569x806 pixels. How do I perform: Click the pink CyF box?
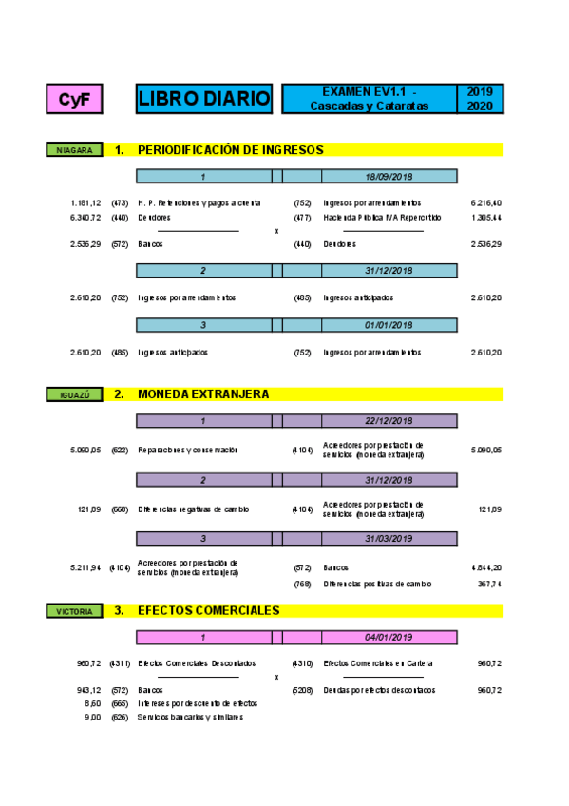coord(74,99)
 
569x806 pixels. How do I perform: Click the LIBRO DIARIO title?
coord(203,99)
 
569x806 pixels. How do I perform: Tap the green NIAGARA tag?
coord(74,150)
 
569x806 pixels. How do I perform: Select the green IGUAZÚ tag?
coord(74,394)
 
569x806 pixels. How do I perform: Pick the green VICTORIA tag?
coord(74,611)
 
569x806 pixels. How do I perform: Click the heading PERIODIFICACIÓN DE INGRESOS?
coord(231,150)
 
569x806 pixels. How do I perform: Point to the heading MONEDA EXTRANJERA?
coord(203,394)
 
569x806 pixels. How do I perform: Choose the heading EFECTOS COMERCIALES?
coord(209,611)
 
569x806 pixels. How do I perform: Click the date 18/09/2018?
coord(389,176)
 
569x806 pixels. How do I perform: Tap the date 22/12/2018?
coord(389,420)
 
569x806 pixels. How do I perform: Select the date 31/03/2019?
coord(389,538)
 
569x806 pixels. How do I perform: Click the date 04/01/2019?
coord(389,637)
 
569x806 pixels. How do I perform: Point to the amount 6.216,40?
coord(485,202)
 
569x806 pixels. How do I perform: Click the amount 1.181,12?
coord(85,202)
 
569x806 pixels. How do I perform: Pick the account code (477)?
coord(303,217)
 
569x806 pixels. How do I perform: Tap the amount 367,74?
coord(488,584)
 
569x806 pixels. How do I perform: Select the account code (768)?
coord(303,584)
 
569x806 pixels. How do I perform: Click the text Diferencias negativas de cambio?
coord(194,509)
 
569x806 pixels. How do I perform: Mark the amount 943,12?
coord(88,690)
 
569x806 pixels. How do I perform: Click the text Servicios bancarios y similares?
coord(190,717)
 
